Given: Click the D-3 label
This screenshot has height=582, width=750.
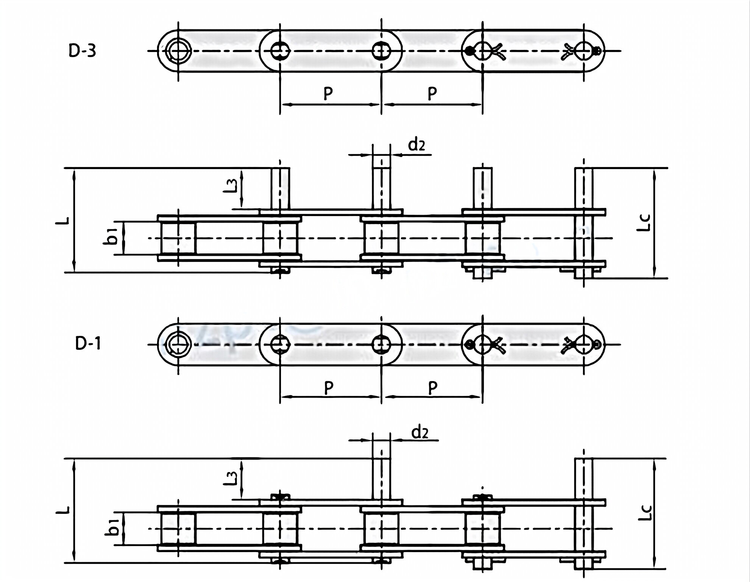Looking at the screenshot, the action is coord(82,51).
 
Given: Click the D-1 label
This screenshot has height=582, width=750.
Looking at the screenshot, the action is coord(88,344).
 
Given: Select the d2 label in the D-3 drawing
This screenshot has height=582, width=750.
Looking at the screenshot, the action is coord(416,144).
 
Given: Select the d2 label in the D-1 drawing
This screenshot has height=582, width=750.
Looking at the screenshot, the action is coord(419,432).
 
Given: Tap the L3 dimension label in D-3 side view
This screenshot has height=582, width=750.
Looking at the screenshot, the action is coord(234,186).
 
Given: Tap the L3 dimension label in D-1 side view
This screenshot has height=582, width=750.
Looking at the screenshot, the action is coord(234,478).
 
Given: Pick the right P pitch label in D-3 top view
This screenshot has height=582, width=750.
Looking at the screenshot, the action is coord(432,93).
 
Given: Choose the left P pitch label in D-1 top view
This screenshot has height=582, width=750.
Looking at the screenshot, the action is coord(329,388).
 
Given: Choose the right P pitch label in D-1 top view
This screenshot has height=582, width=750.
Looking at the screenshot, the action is coord(432,387).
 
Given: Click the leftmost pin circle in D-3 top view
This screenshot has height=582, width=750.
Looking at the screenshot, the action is coord(178,50).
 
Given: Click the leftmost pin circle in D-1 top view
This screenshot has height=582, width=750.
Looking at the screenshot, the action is coord(178,344).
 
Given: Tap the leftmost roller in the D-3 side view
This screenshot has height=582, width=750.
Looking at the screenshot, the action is coord(178,238).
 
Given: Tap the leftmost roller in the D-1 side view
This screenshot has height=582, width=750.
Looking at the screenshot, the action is coord(178,529).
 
